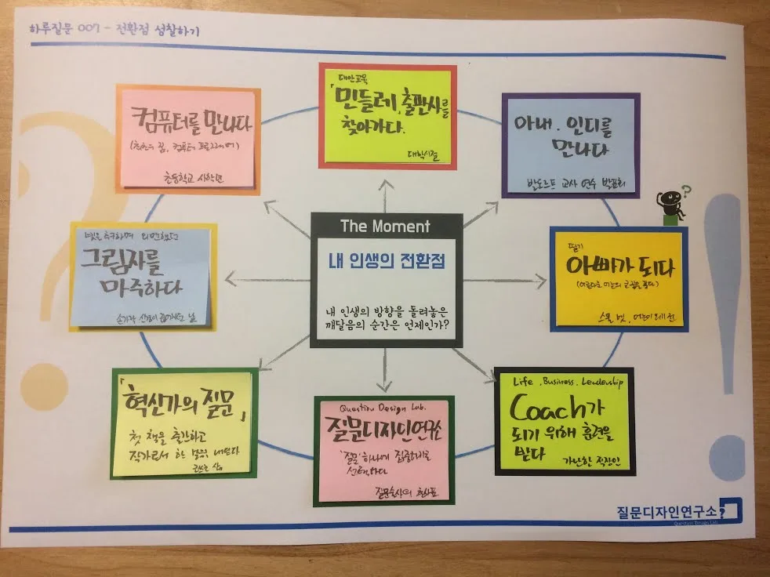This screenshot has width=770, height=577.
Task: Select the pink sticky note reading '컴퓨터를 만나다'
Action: (x=187, y=139)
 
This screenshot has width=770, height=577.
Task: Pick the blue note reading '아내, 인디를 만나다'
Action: (x=570, y=145)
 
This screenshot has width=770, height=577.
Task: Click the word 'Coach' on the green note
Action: (x=549, y=407)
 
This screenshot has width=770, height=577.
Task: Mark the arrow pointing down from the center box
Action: (x=383, y=380)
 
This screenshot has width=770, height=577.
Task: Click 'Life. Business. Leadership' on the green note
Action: (x=568, y=382)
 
